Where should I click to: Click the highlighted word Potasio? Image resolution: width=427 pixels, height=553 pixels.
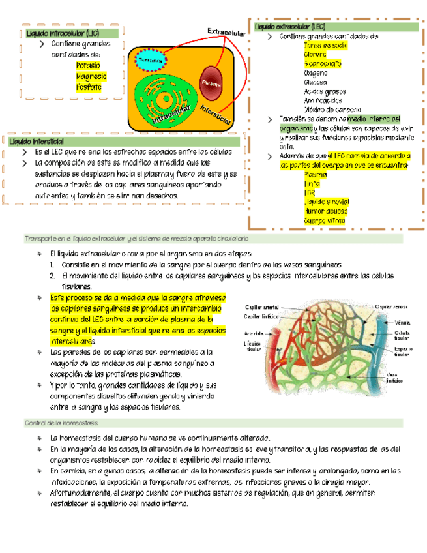88,66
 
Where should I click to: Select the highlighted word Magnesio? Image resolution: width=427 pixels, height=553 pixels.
91,76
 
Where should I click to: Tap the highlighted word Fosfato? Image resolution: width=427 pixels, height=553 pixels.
89,87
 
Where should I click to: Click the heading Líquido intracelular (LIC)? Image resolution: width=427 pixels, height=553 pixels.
63,33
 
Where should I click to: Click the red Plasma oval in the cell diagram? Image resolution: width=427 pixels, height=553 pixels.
212,82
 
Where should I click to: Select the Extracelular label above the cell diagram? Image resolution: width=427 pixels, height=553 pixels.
226,32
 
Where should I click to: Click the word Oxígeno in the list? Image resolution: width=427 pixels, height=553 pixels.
316,73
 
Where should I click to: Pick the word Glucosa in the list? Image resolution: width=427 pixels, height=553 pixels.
316,82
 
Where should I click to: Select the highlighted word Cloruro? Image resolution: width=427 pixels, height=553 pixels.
315,55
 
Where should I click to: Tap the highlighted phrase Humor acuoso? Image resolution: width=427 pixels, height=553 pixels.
323,211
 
